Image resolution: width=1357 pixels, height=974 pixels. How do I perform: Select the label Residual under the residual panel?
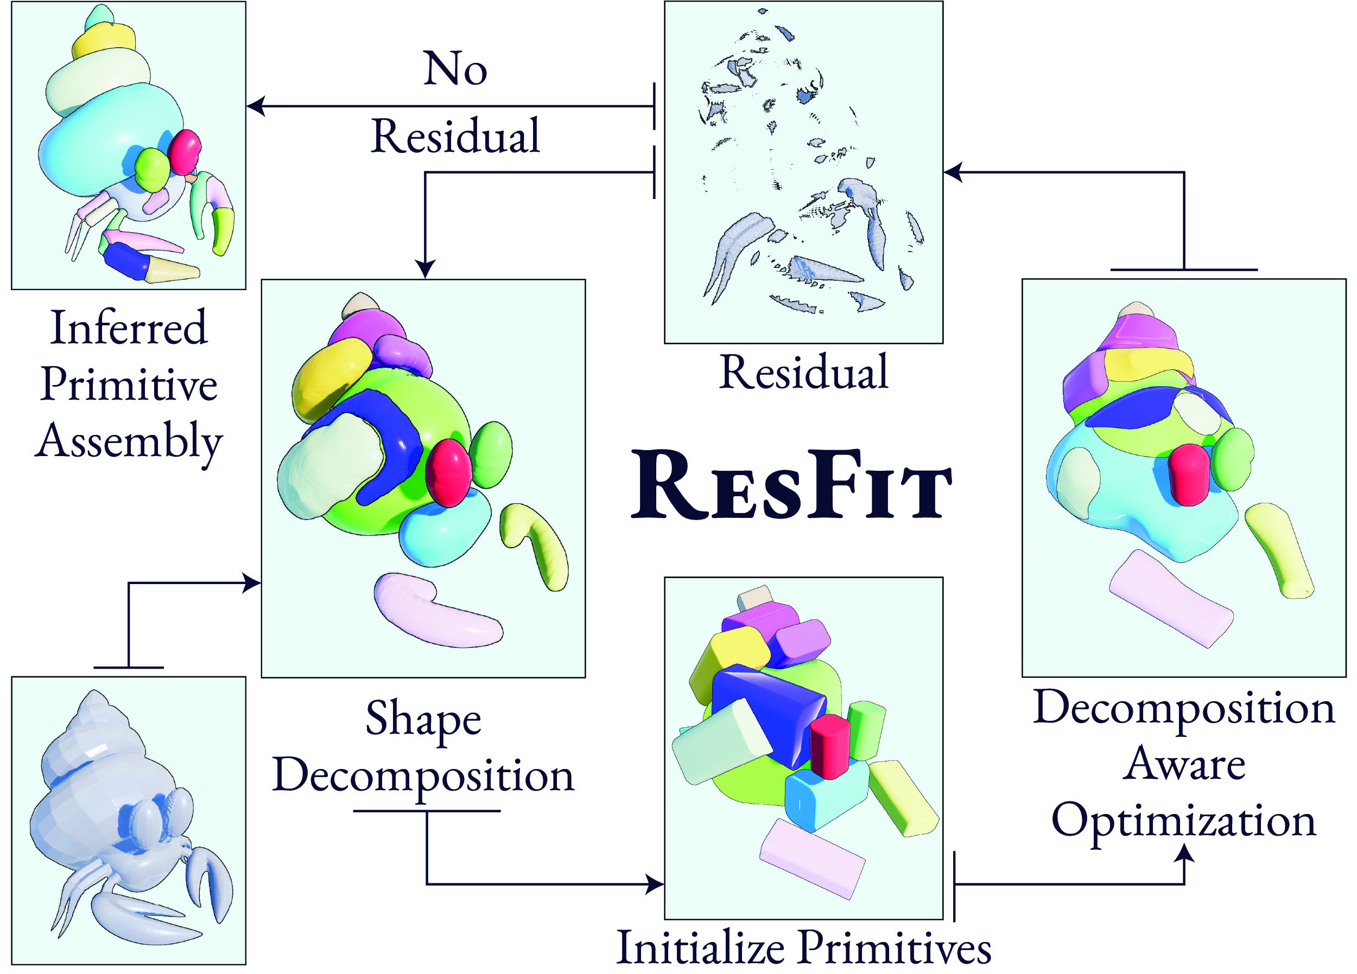point(803,372)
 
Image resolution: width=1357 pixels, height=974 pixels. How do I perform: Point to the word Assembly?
point(129,441)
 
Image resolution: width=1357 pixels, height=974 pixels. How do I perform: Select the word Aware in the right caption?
point(1183,764)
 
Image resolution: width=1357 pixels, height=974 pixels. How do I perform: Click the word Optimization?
point(1183,821)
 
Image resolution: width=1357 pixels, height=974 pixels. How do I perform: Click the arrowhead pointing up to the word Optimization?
point(1183,852)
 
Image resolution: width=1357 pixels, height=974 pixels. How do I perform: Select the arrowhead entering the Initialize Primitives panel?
point(656,883)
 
